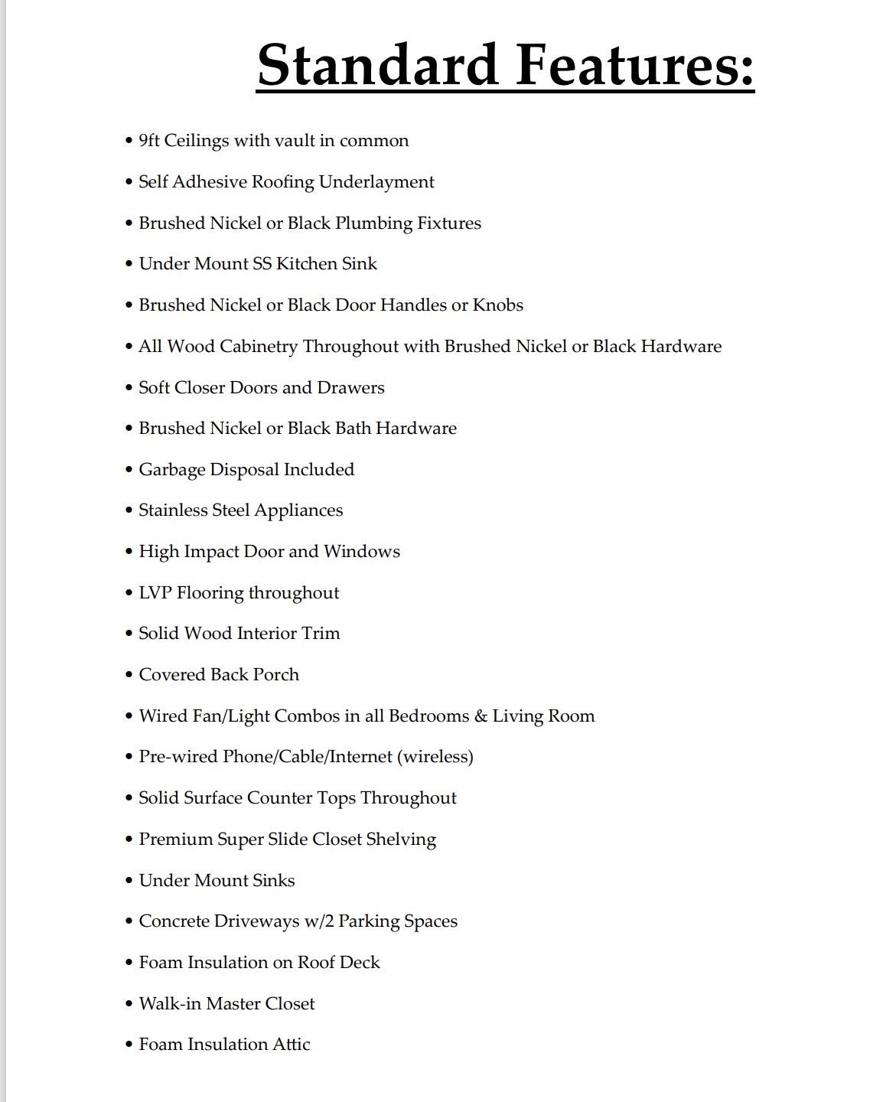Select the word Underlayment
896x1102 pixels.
(x=376, y=182)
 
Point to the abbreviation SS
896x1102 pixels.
(x=262, y=264)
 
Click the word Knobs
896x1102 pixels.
(x=498, y=305)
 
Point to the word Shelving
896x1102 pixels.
(x=401, y=840)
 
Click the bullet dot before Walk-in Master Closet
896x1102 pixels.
(x=129, y=1003)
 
